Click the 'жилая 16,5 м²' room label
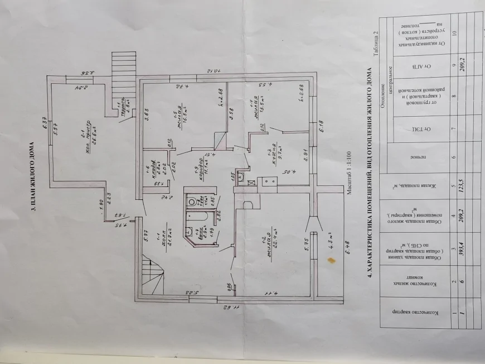(x=182, y=117)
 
